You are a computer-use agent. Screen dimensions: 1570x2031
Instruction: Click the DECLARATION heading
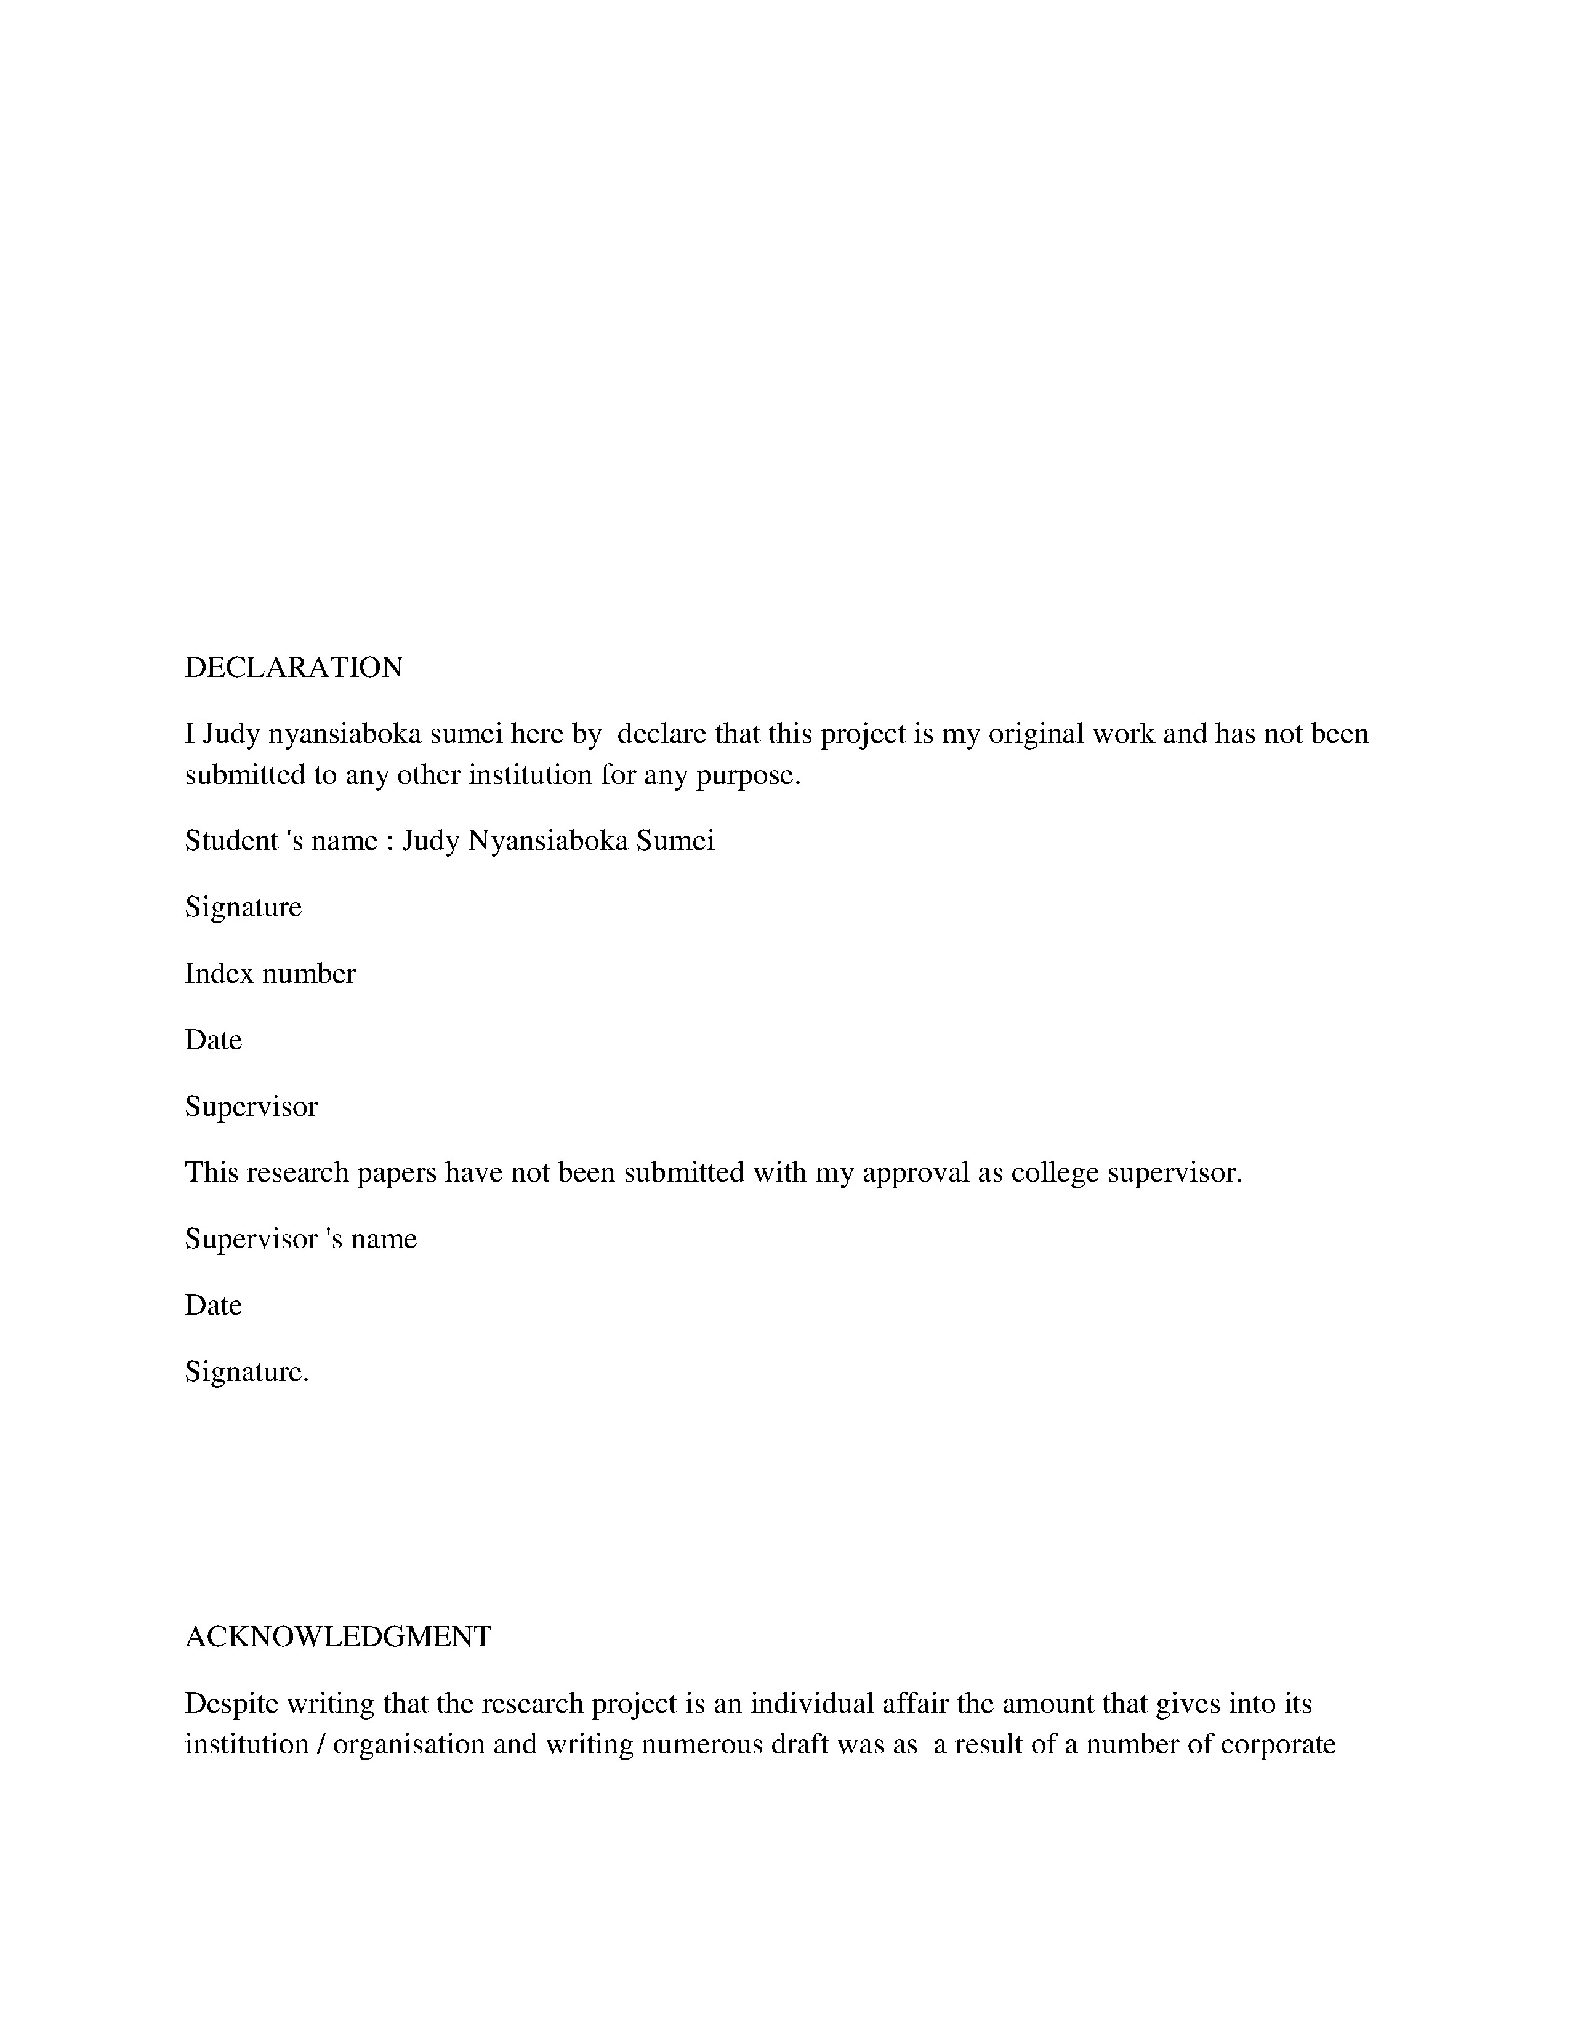pyautogui.click(x=293, y=668)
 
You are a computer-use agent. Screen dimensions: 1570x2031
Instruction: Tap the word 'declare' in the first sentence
pyautogui.click(x=661, y=735)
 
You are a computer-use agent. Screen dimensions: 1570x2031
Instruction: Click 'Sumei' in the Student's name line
pyautogui.click(x=675, y=841)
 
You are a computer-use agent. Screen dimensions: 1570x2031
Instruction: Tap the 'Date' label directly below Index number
pyautogui.click(x=213, y=1040)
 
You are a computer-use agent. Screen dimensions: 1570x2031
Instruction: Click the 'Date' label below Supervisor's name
pyautogui.click(x=213, y=1305)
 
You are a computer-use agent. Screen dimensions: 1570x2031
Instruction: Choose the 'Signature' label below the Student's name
pyautogui.click(x=243, y=908)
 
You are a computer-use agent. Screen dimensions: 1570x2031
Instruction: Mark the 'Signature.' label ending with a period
pyautogui.click(x=246, y=1372)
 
